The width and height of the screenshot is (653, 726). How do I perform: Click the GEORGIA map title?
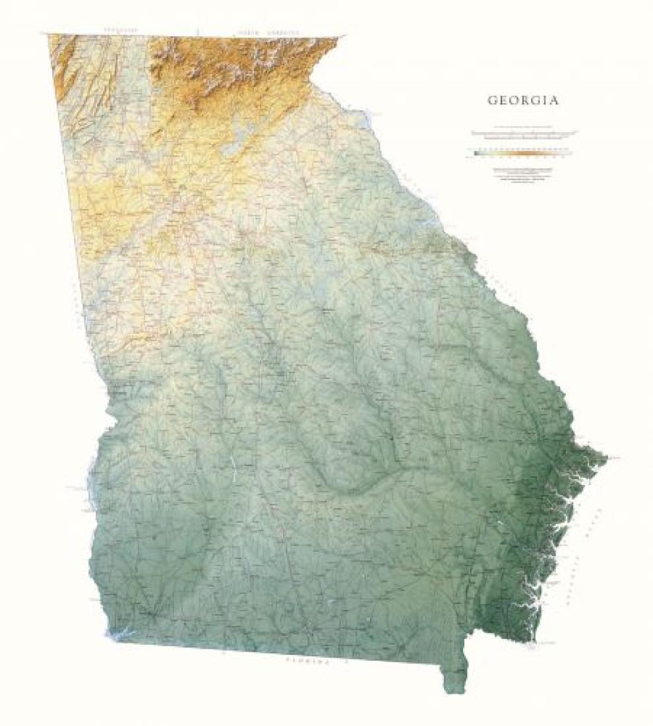tap(523, 101)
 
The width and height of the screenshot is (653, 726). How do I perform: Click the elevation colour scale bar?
tap(523, 153)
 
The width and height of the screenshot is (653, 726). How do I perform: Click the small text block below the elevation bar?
tap(523, 176)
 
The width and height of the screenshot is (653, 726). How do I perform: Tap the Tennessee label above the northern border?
tap(119, 30)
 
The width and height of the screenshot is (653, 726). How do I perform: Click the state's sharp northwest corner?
tap(48, 36)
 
